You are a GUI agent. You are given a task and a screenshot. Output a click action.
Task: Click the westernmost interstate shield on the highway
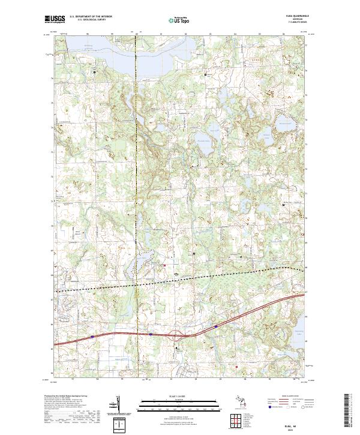(x=92, y=337)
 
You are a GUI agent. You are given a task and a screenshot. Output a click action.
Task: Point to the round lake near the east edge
(x=283, y=127)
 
